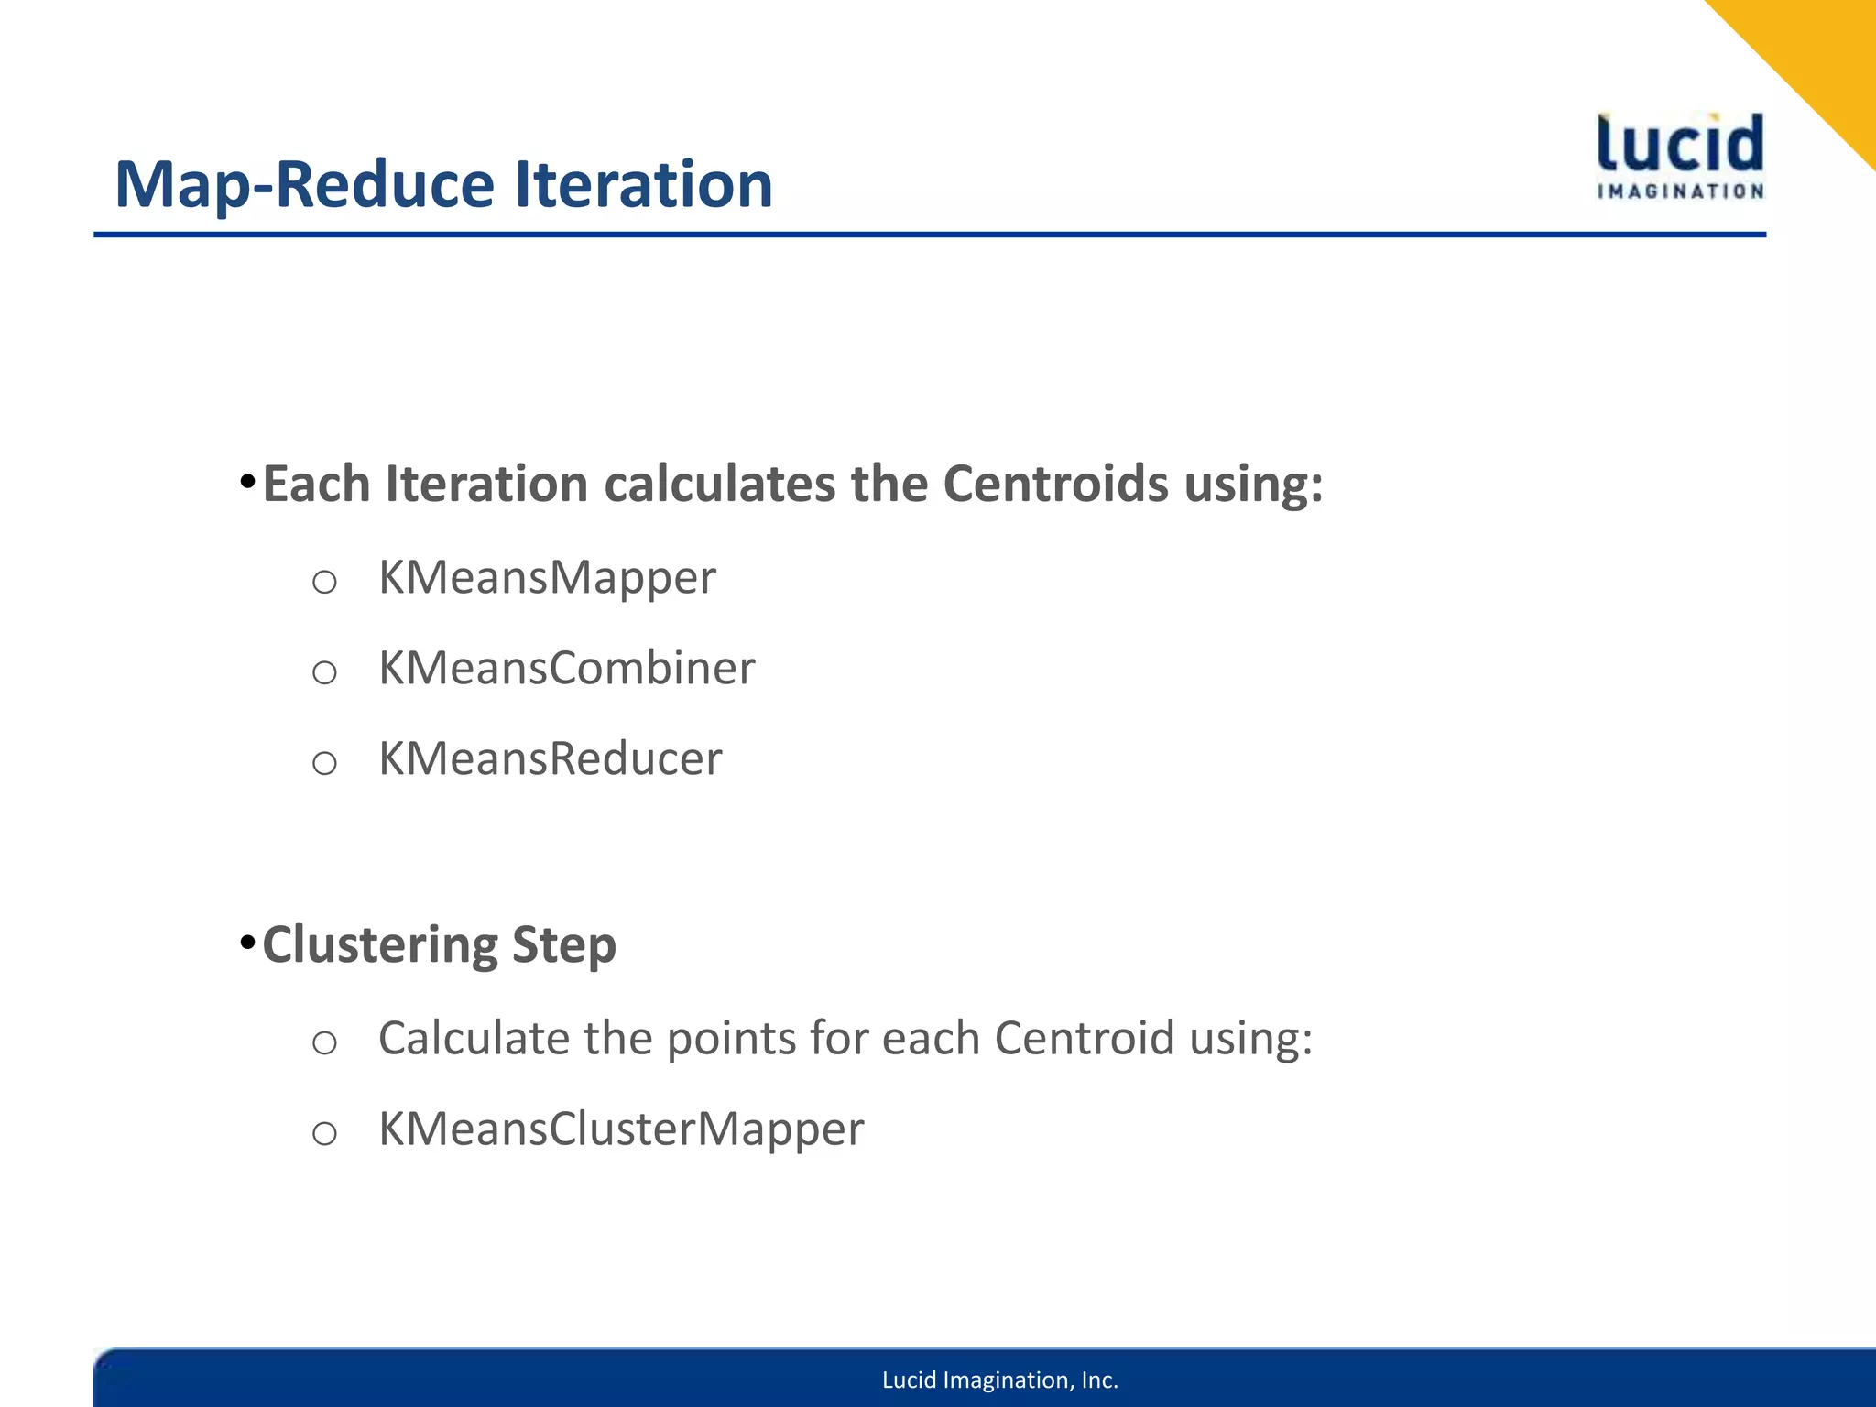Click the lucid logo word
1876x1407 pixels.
point(1680,144)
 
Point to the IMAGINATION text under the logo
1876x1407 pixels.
point(1680,191)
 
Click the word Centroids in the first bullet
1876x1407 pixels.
point(1055,484)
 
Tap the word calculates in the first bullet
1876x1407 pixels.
point(719,484)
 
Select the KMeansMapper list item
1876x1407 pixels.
point(547,578)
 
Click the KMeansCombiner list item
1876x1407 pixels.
point(566,668)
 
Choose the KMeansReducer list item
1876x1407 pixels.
point(550,758)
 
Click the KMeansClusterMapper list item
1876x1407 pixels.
point(621,1129)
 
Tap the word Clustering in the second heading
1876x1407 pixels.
point(379,945)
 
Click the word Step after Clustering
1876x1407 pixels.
point(563,945)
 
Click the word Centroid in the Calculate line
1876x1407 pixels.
point(1084,1039)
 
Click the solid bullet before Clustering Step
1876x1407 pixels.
point(246,943)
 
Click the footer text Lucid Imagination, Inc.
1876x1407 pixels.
point(1000,1380)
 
